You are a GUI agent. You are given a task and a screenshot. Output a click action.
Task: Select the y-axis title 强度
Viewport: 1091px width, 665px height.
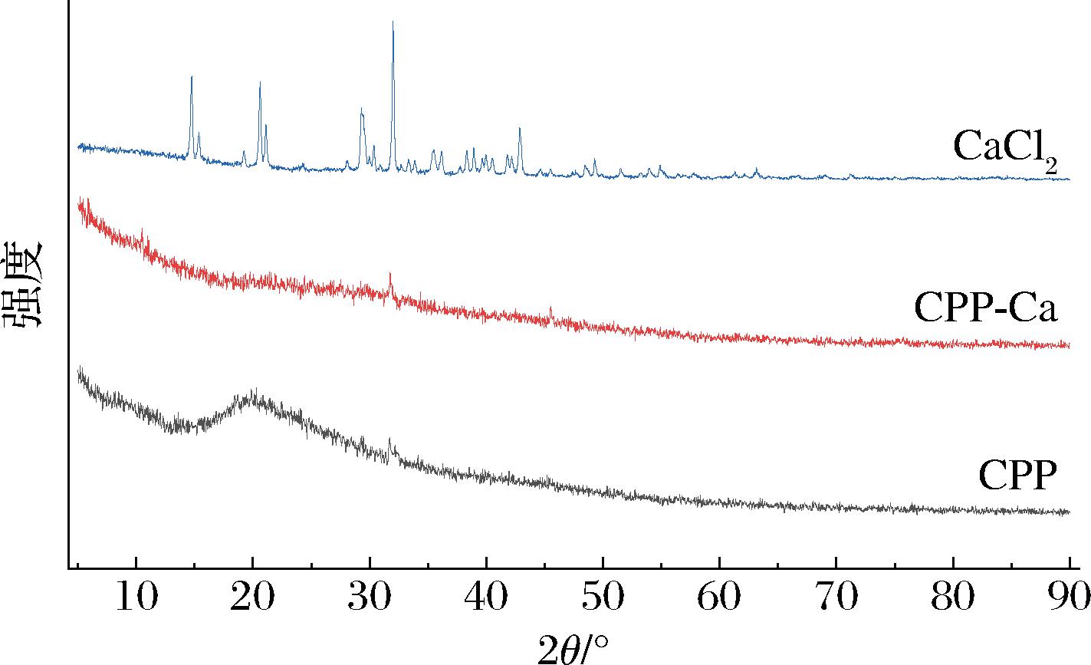[24, 283]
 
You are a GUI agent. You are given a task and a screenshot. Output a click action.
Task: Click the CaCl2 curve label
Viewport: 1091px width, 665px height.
[1004, 148]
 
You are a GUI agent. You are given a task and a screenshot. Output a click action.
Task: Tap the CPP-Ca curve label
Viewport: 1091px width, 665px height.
[985, 308]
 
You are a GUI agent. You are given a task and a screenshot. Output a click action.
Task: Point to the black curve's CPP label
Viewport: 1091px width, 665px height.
[1017, 476]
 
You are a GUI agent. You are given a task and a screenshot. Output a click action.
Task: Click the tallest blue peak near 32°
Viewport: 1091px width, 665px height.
[393, 23]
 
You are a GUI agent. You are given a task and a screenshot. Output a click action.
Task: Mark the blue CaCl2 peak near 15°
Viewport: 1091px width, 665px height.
[191, 77]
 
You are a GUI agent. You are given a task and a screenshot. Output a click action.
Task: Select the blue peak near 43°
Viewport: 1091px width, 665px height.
[520, 129]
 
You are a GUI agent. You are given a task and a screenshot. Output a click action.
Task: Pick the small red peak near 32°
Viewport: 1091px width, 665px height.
[390, 275]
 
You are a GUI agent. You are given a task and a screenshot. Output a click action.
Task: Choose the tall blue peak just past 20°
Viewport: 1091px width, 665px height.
[260, 84]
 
